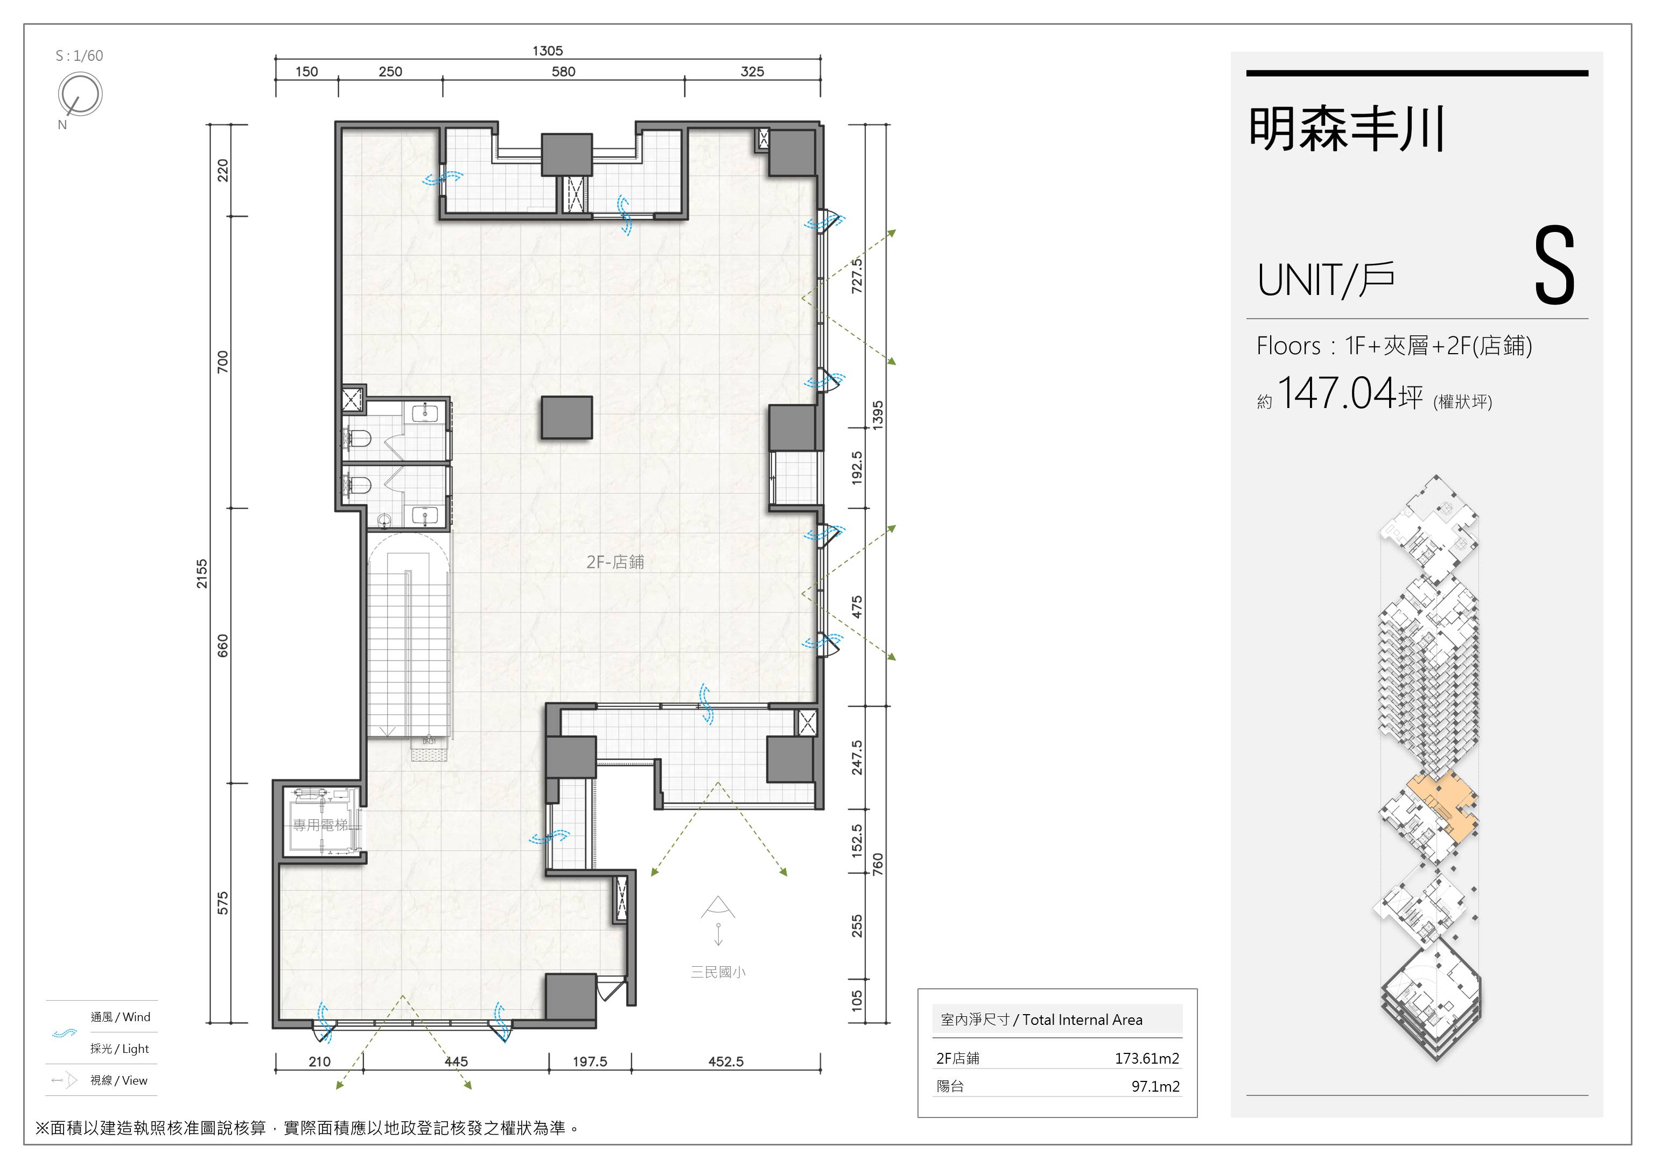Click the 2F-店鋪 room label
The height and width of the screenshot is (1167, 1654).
[615, 562]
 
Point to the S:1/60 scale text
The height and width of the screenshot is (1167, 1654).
[79, 55]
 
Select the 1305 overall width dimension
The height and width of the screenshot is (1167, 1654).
[548, 51]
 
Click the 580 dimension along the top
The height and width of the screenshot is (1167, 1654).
[563, 71]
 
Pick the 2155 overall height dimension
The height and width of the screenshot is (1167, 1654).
[202, 573]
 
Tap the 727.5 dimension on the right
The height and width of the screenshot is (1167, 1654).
[857, 276]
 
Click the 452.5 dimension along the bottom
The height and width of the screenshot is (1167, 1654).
[725, 1061]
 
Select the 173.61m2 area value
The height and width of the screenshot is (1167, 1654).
[1147, 1058]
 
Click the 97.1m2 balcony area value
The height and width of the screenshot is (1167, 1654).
[1155, 1086]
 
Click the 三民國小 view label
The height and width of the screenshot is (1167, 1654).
[718, 972]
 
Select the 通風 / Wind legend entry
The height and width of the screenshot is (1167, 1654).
[120, 1017]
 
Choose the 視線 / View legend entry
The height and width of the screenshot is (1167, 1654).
[119, 1080]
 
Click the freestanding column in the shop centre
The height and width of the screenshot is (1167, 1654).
[567, 417]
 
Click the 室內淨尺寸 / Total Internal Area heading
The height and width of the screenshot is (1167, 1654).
[1042, 1020]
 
